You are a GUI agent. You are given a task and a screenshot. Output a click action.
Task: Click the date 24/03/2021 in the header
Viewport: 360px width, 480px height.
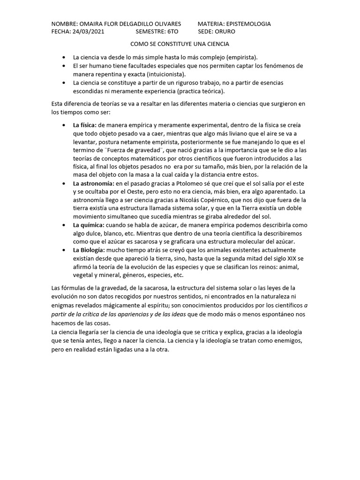[x=88, y=31]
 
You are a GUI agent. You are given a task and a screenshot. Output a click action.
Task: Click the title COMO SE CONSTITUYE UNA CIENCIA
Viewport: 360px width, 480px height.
[x=180, y=44]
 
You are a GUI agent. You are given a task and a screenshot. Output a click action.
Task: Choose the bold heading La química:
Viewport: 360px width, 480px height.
[x=89, y=225]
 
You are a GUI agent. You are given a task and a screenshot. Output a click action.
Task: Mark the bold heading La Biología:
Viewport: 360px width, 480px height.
[x=89, y=250]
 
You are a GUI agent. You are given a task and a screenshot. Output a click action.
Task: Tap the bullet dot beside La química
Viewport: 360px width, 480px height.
[x=63, y=225]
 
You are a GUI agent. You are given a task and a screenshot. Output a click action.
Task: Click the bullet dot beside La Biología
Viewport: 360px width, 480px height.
[x=63, y=250]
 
